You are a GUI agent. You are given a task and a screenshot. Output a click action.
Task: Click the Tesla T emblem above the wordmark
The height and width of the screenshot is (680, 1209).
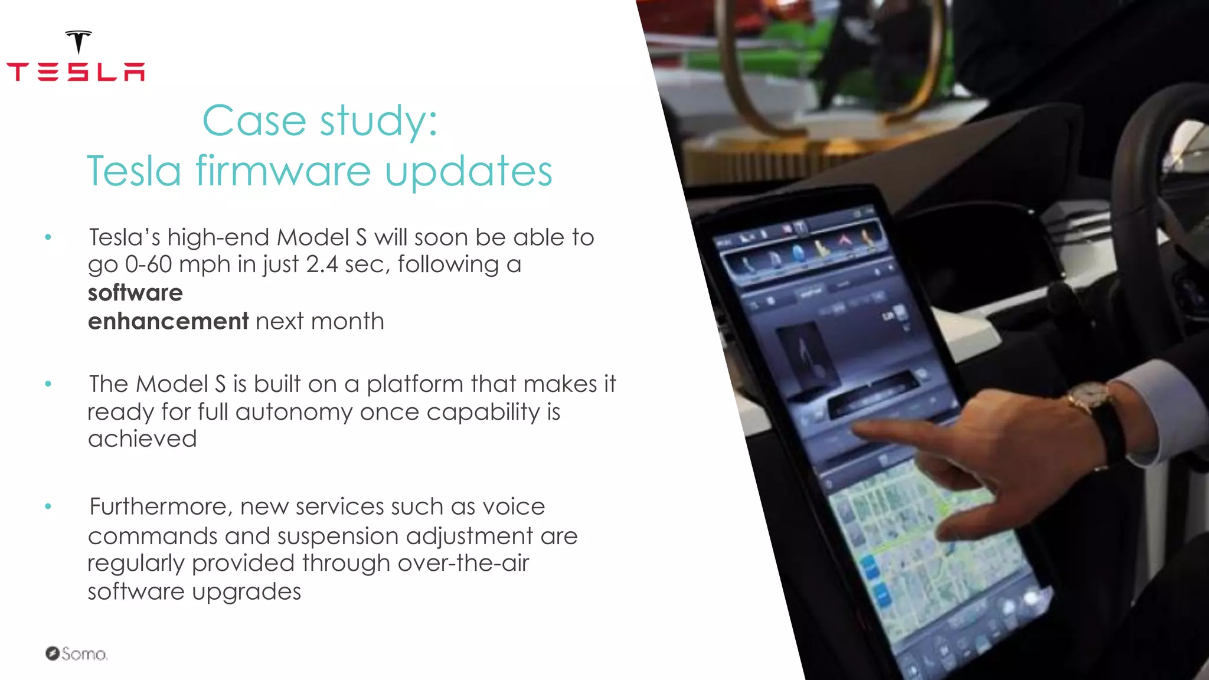[x=79, y=42]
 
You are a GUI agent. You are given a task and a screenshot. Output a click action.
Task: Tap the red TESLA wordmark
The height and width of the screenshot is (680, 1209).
[x=76, y=72]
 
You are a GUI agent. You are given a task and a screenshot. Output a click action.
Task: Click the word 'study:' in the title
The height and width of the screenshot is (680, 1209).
[x=378, y=121]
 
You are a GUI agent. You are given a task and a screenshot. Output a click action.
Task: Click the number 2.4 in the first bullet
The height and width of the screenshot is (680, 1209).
[x=322, y=264]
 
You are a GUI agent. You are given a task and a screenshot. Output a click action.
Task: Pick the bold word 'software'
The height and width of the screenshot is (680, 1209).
[x=135, y=293]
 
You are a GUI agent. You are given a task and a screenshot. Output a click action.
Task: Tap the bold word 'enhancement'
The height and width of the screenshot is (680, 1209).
[x=168, y=321]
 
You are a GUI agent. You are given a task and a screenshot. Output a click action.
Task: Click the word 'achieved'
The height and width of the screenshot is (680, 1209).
[x=142, y=439]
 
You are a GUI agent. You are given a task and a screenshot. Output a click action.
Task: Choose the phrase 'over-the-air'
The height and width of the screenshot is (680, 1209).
[x=463, y=563]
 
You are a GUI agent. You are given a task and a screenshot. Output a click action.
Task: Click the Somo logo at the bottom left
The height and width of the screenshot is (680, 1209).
[x=77, y=653]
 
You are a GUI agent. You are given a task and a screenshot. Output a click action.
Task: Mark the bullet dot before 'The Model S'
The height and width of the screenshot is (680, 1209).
[x=48, y=384]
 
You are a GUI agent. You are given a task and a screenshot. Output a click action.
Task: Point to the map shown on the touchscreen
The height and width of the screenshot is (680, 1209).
[x=921, y=549]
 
